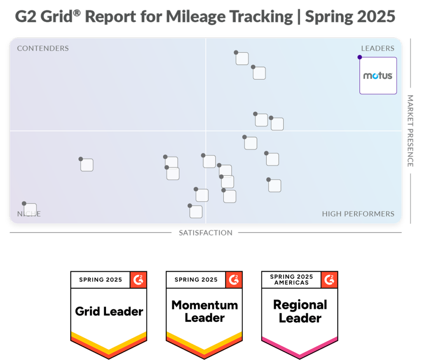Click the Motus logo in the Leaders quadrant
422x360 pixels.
(378, 76)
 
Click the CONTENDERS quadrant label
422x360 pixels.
(43, 49)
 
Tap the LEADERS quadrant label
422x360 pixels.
(377, 49)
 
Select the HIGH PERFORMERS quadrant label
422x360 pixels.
(358, 214)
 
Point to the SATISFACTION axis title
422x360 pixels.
(205, 233)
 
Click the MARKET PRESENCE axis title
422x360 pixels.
(410, 131)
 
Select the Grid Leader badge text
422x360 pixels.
(109, 311)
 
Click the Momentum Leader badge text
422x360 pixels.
(204, 311)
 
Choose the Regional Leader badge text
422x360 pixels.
(300, 311)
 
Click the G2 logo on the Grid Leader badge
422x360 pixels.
(138, 280)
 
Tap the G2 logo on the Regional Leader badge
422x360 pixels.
(329, 280)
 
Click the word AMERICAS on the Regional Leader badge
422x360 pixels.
(291, 283)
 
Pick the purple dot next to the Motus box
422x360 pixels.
(360, 57)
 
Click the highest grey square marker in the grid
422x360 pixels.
(242, 58)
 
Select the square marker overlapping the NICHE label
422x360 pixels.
(30, 210)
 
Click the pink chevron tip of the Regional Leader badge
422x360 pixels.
(300, 355)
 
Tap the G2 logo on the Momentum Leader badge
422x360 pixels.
(234, 280)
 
